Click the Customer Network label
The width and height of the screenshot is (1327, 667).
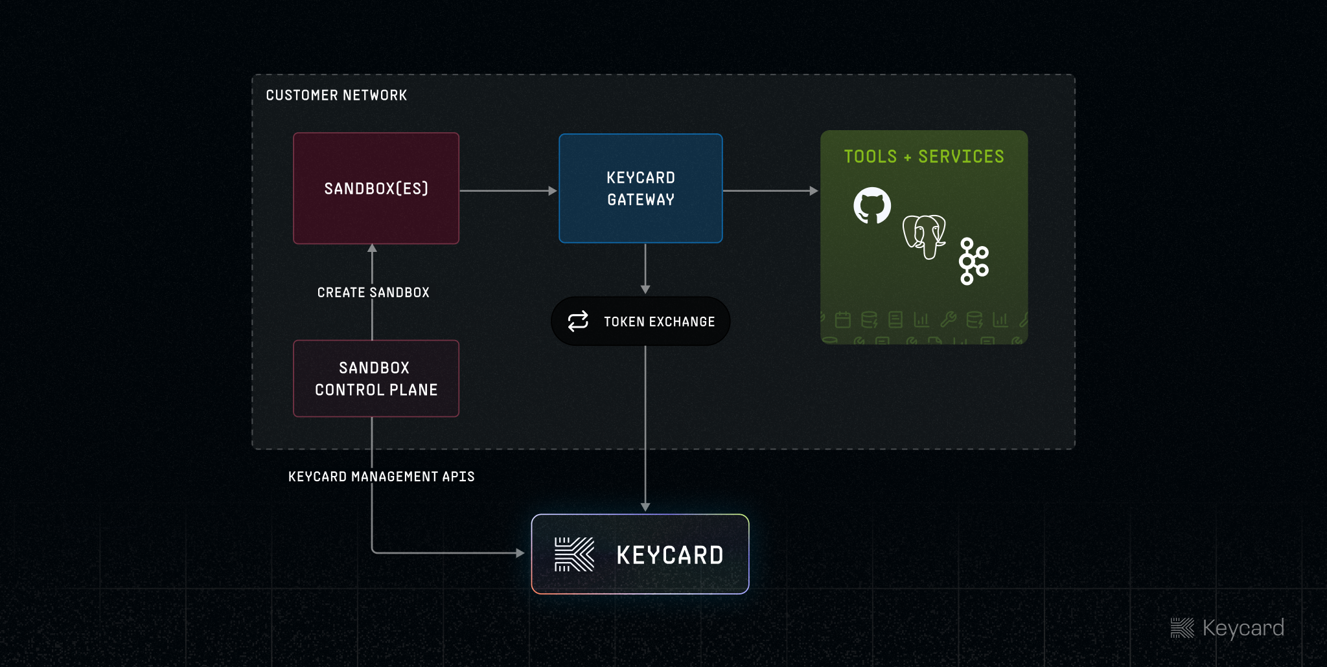[x=336, y=95]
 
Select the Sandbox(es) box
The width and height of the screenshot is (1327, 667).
[x=376, y=188]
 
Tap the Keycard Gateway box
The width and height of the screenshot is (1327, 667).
[x=640, y=188]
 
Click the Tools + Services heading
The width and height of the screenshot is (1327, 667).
[x=923, y=157]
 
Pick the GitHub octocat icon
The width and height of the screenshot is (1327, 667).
[x=872, y=206]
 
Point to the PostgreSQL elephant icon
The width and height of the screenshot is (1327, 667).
[x=925, y=236]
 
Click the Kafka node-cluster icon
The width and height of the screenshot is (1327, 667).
[x=973, y=261]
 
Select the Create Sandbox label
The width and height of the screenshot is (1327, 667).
[x=373, y=293]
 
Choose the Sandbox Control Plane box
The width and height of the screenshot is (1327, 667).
[x=376, y=379]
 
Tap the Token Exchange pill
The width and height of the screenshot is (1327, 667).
[x=640, y=321]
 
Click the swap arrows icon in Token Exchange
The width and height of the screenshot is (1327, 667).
[x=578, y=321]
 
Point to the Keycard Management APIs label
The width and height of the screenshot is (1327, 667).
[x=381, y=477]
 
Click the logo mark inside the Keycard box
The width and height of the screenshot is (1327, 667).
[x=574, y=554]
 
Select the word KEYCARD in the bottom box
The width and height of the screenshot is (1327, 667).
[x=670, y=555]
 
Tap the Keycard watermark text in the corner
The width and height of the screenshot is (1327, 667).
[x=1243, y=627]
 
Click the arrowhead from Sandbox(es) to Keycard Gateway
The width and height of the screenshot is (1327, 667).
[x=553, y=191]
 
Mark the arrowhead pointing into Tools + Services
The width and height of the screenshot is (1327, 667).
[x=814, y=191]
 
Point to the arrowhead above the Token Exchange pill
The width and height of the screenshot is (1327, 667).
[x=645, y=289]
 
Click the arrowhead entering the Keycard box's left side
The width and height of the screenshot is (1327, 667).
[x=520, y=553]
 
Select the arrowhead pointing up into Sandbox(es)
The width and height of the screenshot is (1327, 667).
[x=372, y=248]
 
